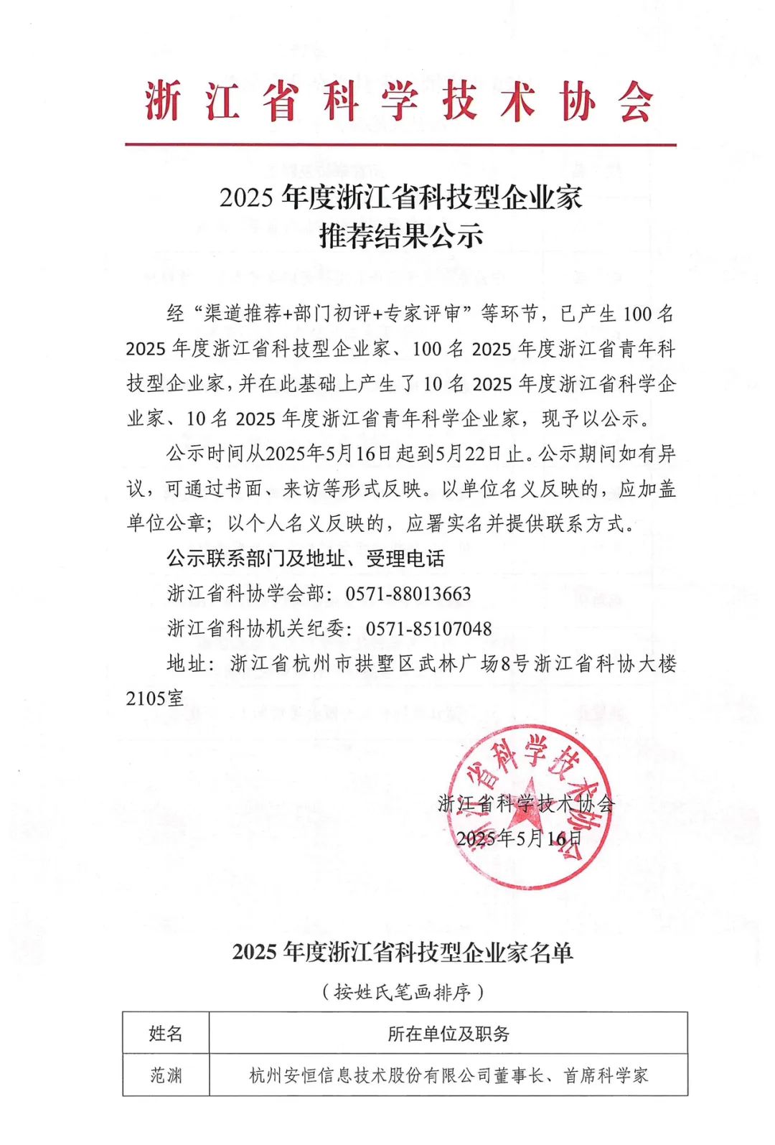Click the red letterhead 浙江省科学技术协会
point(400,101)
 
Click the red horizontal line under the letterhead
point(400,145)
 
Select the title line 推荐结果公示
point(401,235)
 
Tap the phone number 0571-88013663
point(408,594)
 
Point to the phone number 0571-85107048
point(428,629)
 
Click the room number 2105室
point(155,698)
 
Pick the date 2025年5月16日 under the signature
point(519,838)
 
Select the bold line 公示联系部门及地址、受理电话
point(306,559)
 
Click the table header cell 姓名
point(166,1033)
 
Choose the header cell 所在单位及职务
point(448,1033)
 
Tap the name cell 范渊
point(166,1075)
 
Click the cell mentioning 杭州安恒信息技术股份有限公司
point(448,1075)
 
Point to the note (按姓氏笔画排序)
point(402,992)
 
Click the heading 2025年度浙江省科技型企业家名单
point(402,952)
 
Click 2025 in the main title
point(247,198)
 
